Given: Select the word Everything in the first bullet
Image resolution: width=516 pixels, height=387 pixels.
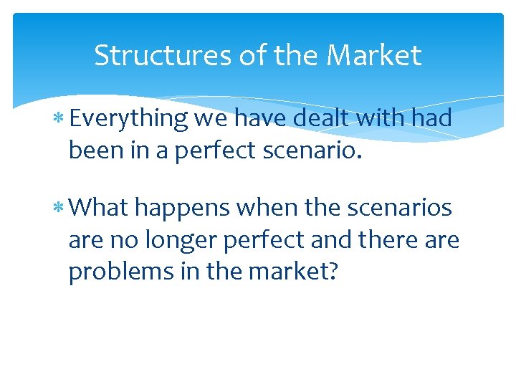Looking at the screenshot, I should point(129,118).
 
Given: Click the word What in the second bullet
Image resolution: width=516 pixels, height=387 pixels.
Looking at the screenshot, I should point(100,208).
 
